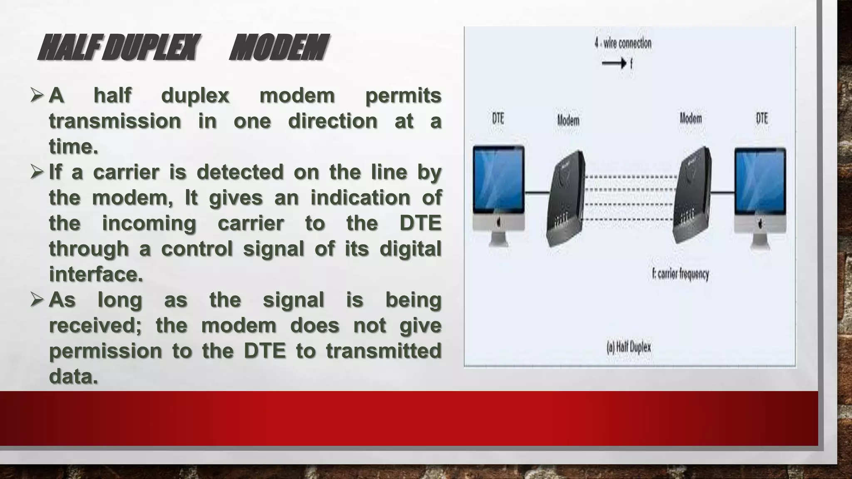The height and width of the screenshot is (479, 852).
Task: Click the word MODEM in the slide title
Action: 279,48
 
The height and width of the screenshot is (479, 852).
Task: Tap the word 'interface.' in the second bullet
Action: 96,274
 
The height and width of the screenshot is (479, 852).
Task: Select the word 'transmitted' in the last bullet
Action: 383,351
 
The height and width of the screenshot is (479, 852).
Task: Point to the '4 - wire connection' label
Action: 623,43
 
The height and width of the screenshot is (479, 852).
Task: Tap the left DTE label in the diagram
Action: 498,119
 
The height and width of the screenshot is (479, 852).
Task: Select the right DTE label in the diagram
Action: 762,119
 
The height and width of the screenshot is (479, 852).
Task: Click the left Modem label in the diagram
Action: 568,121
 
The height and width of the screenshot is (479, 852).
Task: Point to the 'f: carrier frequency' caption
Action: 680,274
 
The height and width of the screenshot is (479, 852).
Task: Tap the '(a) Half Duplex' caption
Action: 629,347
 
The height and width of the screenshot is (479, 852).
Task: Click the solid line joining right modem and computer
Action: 722,192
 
